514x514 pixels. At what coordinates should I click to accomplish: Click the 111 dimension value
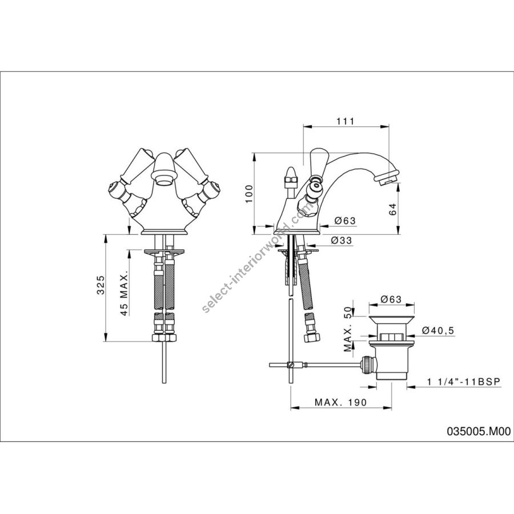click(346, 121)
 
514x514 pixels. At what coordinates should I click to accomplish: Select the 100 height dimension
click(250, 194)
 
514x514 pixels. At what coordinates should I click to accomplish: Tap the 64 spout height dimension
click(393, 209)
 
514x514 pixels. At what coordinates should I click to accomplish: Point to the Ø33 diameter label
click(341, 240)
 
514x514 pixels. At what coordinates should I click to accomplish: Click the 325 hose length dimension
click(101, 285)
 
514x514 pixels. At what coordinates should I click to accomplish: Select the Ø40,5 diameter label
click(437, 331)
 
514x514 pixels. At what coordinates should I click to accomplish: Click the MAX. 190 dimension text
click(340, 402)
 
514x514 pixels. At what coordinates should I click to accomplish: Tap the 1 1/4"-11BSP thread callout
click(464, 382)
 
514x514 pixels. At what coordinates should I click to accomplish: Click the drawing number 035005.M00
click(479, 431)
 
